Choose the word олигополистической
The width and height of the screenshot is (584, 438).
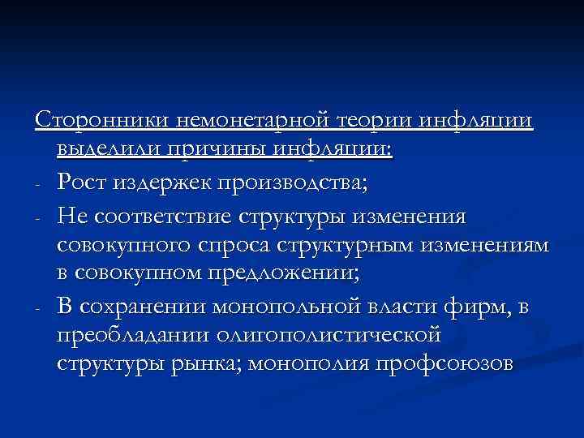pyautogui.click(x=335, y=334)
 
